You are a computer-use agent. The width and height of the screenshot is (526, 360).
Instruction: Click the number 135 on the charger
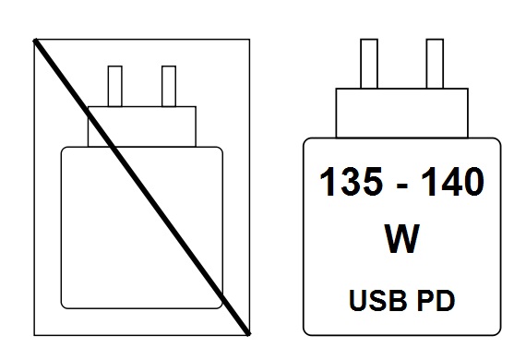click(x=351, y=182)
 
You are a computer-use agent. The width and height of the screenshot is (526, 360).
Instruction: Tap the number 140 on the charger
click(x=453, y=182)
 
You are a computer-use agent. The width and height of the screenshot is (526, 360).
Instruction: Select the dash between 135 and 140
click(x=401, y=186)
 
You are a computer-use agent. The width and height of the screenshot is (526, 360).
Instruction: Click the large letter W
click(x=401, y=238)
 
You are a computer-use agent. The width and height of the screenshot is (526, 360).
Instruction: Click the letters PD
click(x=436, y=300)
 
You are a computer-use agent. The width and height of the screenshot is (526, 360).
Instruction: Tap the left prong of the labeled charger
click(x=369, y=64)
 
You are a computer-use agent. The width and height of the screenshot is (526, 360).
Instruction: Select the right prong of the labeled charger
click(x=435, y=64)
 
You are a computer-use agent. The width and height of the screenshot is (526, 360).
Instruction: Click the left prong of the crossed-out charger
click(x=115, y=86)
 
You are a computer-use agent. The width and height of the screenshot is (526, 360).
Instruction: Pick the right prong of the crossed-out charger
click(x=169, y=86)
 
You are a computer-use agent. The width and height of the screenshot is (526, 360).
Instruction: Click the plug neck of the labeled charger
click(x=401, y=113)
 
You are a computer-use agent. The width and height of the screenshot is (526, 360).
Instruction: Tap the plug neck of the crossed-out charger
click(x=142, y=126)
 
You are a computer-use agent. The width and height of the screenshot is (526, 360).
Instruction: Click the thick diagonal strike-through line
click(x=142, y=187)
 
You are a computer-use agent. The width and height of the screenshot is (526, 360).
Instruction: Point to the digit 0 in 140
click(x=472, y=182)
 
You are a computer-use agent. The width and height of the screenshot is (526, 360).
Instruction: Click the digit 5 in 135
click(x=371, y=182)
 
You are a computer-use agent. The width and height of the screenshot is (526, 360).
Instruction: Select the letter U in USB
click(x=358, y=300)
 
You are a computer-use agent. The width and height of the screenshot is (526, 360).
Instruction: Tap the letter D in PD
click(x=446, y=300)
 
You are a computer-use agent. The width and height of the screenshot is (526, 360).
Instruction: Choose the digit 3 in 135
click(x=350, y=182)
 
